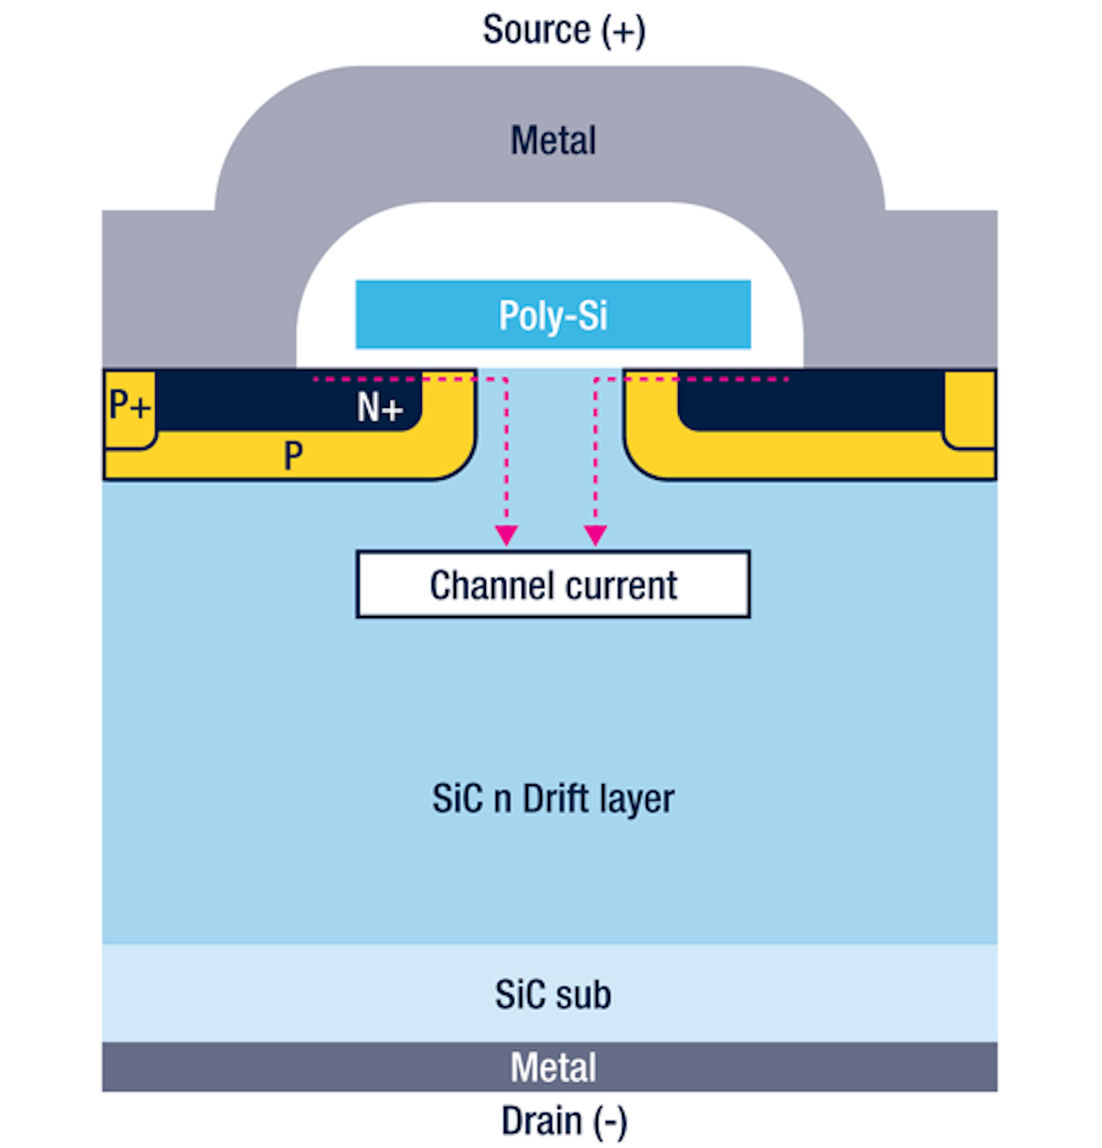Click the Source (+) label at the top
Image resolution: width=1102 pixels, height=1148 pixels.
(x=564, y=31)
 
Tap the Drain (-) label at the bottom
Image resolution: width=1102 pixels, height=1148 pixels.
(x=564, y=1121)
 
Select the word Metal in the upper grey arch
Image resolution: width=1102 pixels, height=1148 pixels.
(x=553, y=141)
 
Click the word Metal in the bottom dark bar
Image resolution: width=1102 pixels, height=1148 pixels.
(x=553, y=1067)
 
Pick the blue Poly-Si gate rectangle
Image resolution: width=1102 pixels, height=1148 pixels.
(x=553, y=315)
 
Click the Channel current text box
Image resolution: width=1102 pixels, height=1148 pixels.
(x=553, y=585)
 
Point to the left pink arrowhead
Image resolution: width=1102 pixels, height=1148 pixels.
(x=506, y=535)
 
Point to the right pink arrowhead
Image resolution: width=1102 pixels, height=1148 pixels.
(x=595, y=535)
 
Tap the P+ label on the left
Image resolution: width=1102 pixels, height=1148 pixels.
(x=129, y=405)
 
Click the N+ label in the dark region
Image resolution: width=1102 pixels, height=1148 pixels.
(x=380, y=407)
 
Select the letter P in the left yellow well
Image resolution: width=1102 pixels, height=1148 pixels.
(x=293, y=457)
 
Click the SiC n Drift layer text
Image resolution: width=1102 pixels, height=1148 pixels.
(x=553, y=799)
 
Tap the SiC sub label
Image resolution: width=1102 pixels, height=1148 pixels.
(x=553, y=994)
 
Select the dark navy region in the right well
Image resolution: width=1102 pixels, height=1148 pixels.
(x=811, y=402)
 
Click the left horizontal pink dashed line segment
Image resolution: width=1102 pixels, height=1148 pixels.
(x=398, y=379)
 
